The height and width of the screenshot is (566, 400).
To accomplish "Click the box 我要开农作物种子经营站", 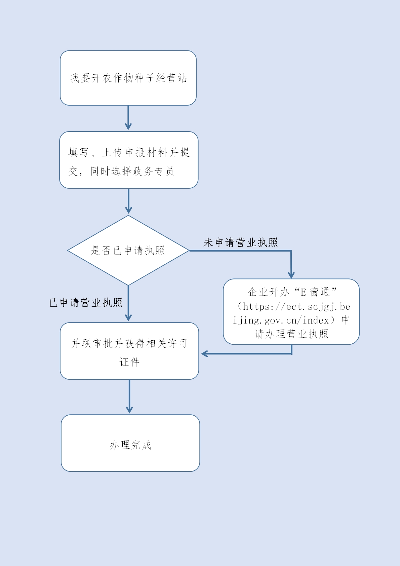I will point(128,78).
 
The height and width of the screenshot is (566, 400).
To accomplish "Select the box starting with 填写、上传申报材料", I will point(129,160).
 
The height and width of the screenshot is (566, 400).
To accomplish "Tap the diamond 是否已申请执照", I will point(128,251).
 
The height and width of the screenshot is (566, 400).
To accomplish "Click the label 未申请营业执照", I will point(241,242).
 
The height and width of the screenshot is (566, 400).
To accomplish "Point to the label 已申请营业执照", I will point(86,303).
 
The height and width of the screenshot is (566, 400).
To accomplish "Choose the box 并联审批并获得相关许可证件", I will point(129,351).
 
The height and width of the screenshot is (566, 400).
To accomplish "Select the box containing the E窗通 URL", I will point(291,312).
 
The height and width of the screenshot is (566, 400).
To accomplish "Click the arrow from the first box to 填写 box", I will point(128,118).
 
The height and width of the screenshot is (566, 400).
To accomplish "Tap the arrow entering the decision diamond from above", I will point(128,201).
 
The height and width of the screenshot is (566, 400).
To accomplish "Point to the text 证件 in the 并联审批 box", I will point(129,362).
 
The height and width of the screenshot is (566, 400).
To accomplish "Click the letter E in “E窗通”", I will point(303,292).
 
